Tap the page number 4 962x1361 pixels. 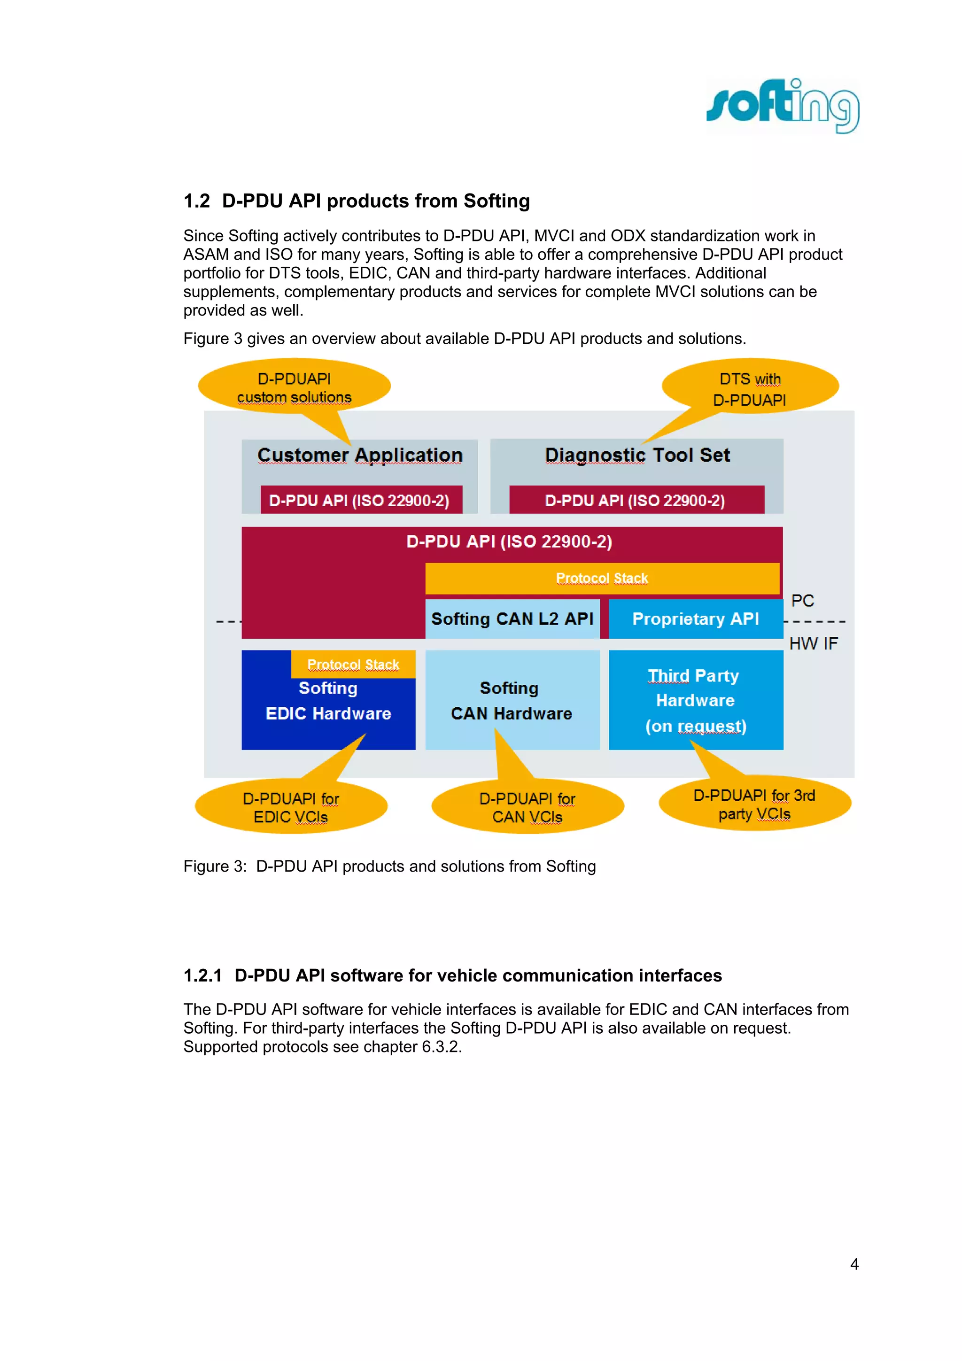click(x=854, y=1264)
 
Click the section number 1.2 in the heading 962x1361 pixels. click(x=196, y=201)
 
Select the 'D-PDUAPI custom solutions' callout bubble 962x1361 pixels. click(x=294, y=387)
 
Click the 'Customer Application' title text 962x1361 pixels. click(x=360, y=455)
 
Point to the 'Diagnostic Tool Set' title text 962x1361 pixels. click(x=637, y=455)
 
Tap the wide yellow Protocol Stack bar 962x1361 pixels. click(x=602, y=578)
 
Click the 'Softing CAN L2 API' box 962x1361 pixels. click(x=512, y=619)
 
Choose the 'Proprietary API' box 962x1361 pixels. click(x=695, y=619)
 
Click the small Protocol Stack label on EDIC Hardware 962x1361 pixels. click(x=353, y=665)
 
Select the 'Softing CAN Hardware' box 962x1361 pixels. click(x=512, y=700)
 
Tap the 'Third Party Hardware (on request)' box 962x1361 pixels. click(x=695, y=700)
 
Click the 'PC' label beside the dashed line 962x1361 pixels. click(x=803, y=601)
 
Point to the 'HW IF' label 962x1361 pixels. click(x=813, y=644)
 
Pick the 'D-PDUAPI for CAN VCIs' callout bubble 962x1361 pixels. click(x=527, y=807)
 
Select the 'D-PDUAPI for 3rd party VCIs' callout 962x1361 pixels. click(x=754, y=804)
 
